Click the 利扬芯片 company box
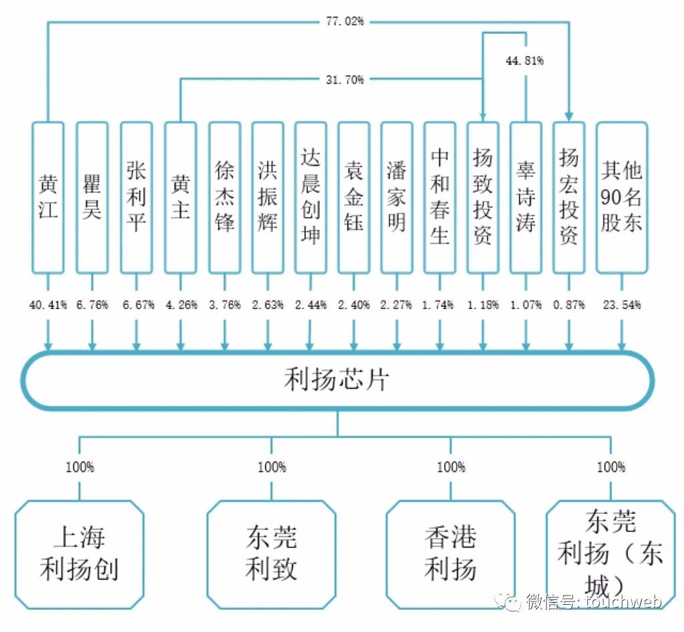[x=337, y=380]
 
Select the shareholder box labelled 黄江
[x=48, y=197]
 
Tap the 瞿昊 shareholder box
[x=92, y=197]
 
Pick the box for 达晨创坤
[x=311, y=197]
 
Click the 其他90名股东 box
[x=621, y=197]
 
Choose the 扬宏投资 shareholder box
[x=569, y=197]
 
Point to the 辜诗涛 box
[x=525, y=197]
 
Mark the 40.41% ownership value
[x=48, y=305]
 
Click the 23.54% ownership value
[x=621, y=305]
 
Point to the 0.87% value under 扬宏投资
[x=569, y=305]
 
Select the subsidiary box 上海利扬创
[x=79, y=554]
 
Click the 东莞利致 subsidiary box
[x=271, y=554]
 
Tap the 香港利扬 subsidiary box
[x=451, y=554]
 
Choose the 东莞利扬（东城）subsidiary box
[x=611, y=554]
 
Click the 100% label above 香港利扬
[x=451, y=467]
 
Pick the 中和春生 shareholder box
[x=439, y=197]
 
